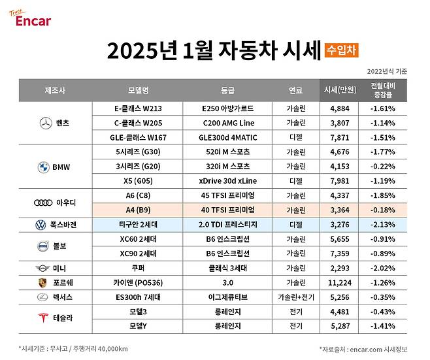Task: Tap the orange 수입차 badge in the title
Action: (x=341, y=49)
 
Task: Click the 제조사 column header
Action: (x=55, y=90)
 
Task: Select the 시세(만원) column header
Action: (x=340, y=90)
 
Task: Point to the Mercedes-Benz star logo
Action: (x=45, y=122)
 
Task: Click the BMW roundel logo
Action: (x=44, y=167)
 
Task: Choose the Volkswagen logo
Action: (x=41, y=224)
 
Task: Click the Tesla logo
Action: (x=42, y=318)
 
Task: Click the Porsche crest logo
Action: (x=42, y=282)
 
